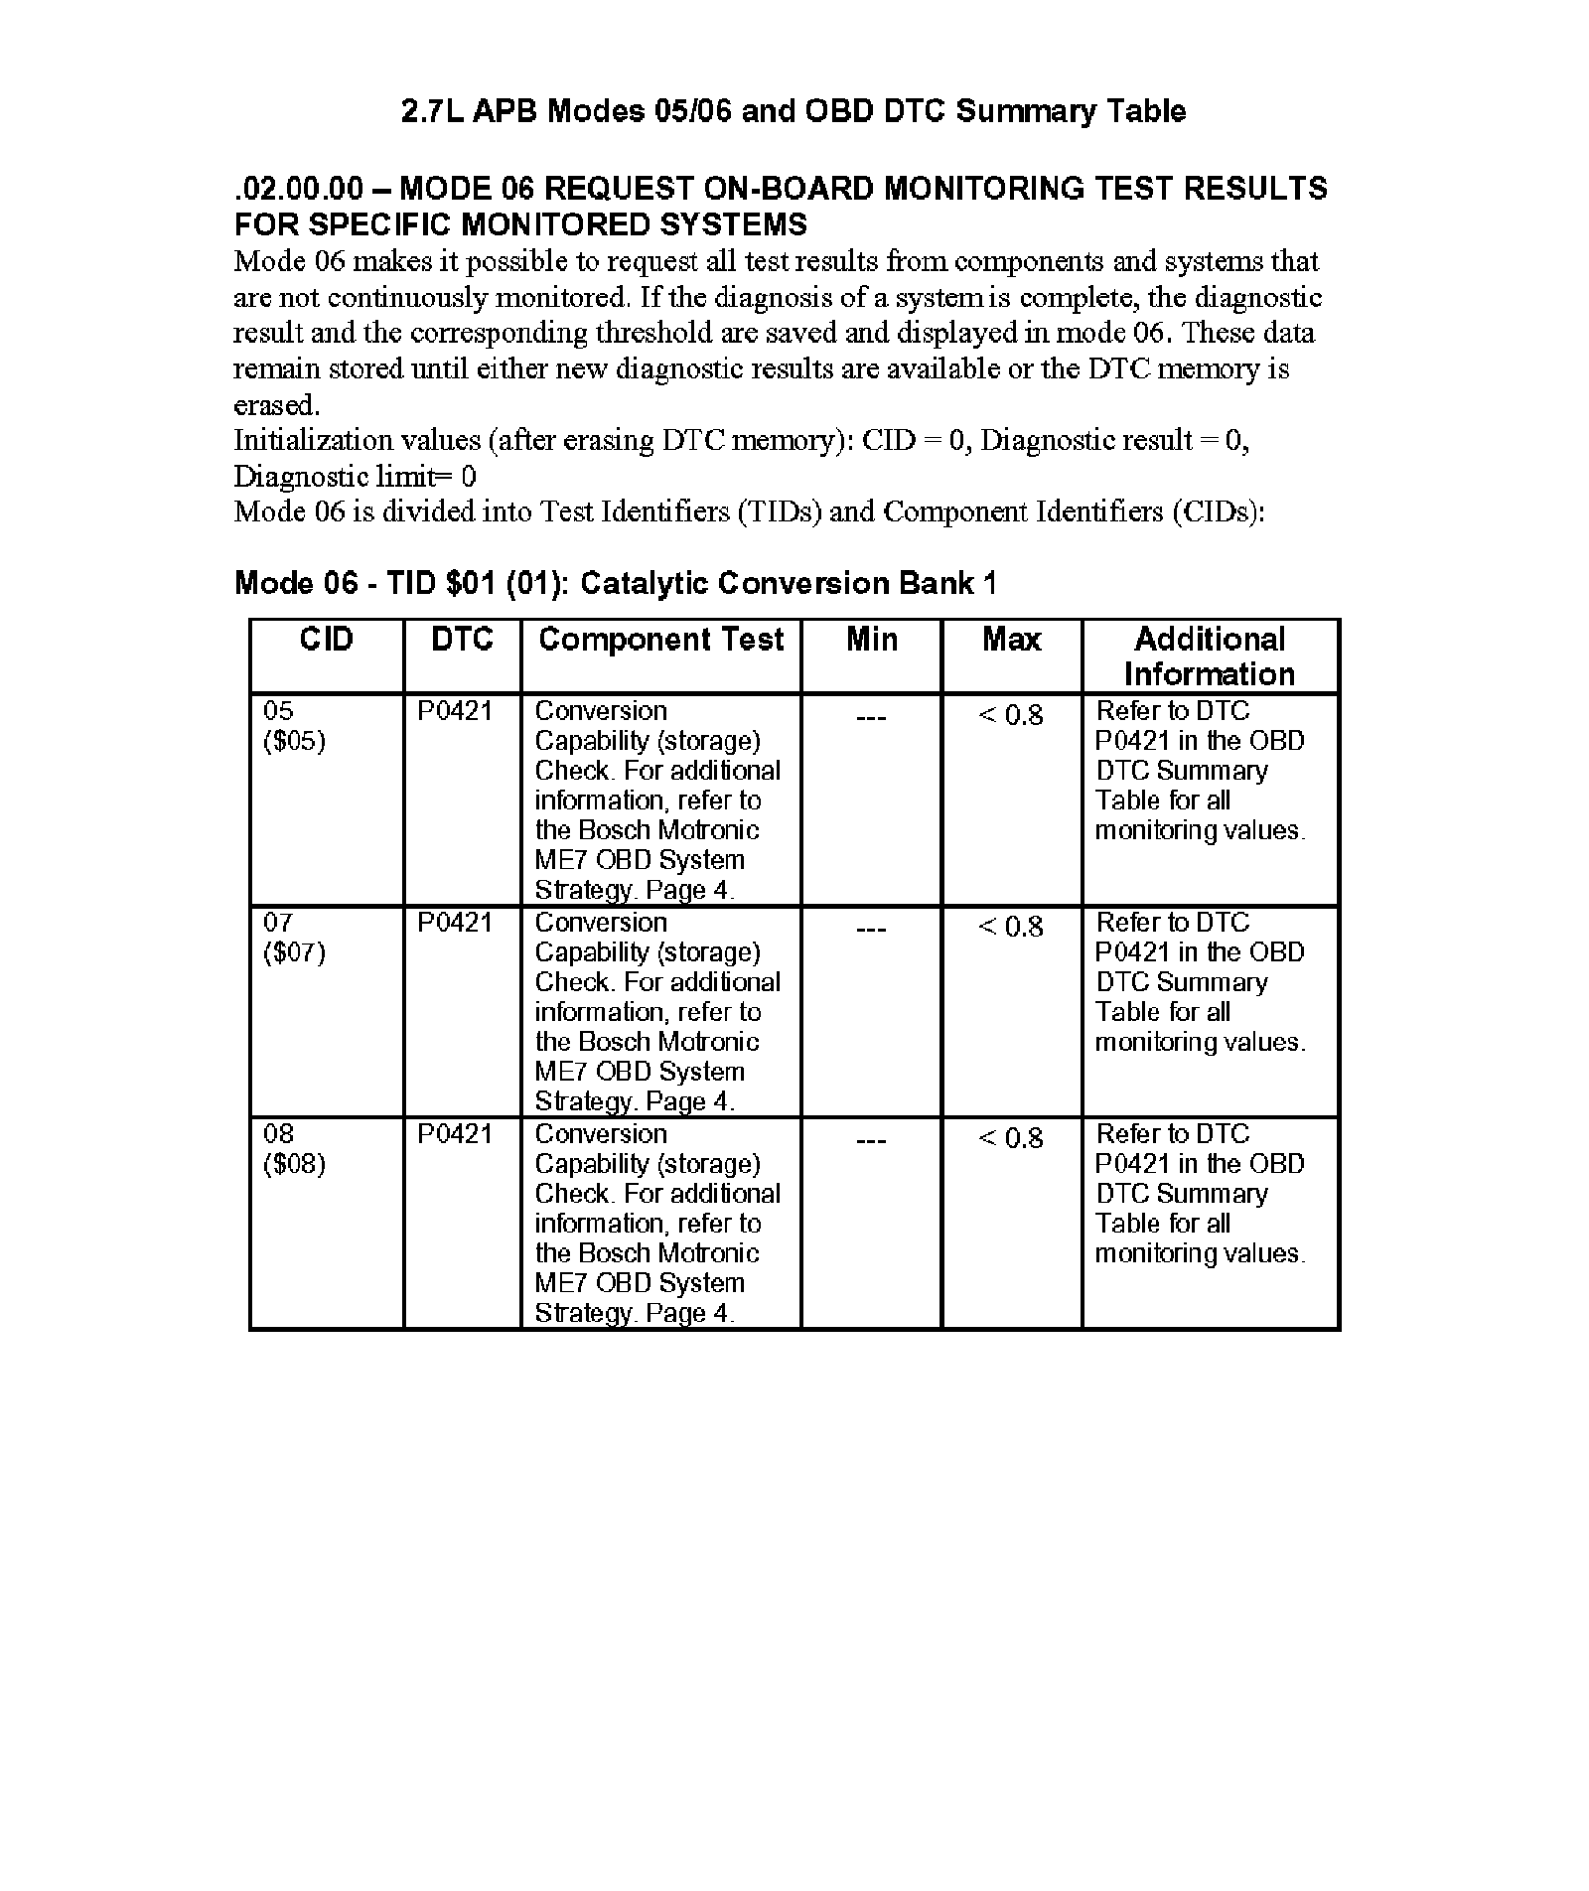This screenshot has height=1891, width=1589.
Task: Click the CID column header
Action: pyautogui.click(x=326, y=640)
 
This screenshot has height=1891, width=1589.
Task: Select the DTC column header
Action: pyautogui.click(x=462, y=640)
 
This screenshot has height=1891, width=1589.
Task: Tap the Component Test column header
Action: pyautogui.click(x=660, y=640)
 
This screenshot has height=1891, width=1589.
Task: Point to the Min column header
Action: pyautogui.click(x=871, y=640)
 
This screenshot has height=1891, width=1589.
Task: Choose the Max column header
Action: pyautogui.click(x=1011, y=640)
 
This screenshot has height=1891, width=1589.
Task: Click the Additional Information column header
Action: pyautogui.click(x=1210, y=656)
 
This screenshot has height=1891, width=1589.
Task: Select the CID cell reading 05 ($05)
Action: pyautogui.click(x=294, y=726)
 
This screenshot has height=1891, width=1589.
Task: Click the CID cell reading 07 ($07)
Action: pyautogui.click(x=294, y=938)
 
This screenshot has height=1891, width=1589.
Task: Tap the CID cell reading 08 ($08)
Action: pyautogui.click(x=294, y=1149)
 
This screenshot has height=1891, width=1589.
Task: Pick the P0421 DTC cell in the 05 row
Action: pyautogui.click(x=454, y=711)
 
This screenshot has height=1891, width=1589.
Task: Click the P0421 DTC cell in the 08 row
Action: pyautogui.click(x=454, y=1134)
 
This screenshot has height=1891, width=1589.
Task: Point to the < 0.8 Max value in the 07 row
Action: pyautogui.click(x=1011, y=927)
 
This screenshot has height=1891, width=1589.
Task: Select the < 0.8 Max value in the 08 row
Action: pyautogui.click(x=1011, y=1138)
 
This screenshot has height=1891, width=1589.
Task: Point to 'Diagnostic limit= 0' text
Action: pyautogui.click(x=355, y=477)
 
